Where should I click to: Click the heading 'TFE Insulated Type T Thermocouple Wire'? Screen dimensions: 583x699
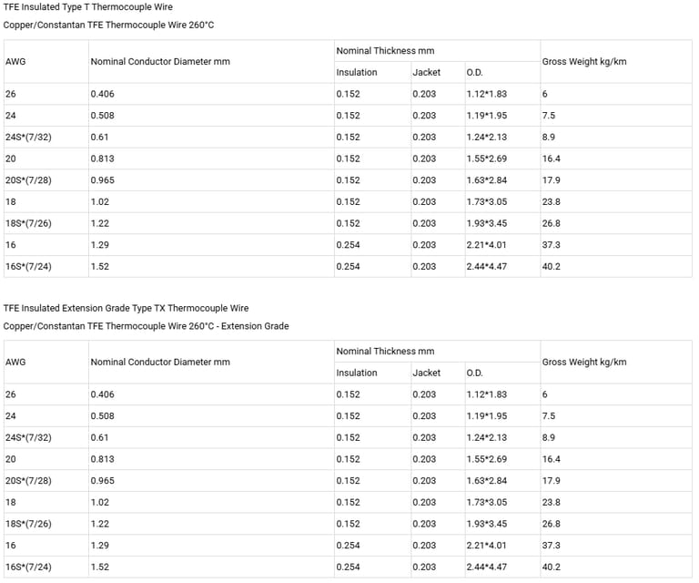pyautogui.click(x=88, y=7)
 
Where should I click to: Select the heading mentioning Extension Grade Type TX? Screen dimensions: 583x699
pyautogui.click(x=126, y=308)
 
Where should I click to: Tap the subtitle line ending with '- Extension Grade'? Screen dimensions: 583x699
pyautogui.click(x=146, y=326)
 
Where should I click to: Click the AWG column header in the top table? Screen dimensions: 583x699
pyautogui.click(x=15, y=61)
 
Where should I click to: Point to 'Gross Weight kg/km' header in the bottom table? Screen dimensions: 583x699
pyautogui.click(x=583, y=362)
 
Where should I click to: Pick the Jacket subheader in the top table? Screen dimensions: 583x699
pyautogui.click(x=426, y=72)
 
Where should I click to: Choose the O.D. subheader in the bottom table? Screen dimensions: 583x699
pyautogui.click(x=474, y=373)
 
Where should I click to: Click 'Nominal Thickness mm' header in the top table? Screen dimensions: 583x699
pyautogui.click(x=385, y=51)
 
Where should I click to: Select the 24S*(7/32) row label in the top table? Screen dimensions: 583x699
pyautogui.click(x=28, y=137)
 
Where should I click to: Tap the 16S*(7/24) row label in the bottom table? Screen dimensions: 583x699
pyautogui.click(x=28, y=567)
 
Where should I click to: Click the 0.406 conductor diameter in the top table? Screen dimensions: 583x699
pyautogui.click(x=102, y=94)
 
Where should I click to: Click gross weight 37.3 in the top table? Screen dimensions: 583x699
pyautogui.click(x=551, y=245)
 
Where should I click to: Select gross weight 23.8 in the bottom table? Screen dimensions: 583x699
pyautogui.click(x=551, y=502)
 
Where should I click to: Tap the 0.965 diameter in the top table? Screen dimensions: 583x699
pyautogui.click(x=102, y=180)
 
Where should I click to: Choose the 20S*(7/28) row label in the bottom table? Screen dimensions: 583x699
pyautogui.click(x=28, y=480)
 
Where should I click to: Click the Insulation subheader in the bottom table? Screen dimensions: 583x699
pyautogui.click(x=356, y=373)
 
